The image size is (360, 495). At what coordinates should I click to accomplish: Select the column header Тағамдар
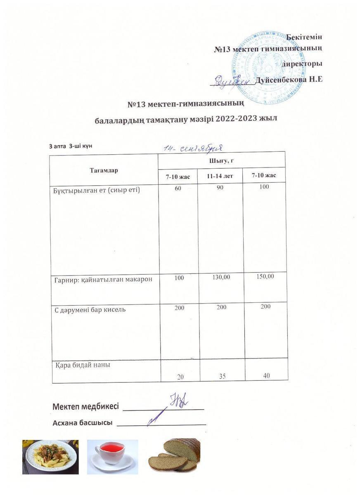[x=104, y=170]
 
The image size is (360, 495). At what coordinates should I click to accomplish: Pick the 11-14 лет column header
[x=220, y=176]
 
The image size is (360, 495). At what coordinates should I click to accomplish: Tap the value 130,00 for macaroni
[x=221, y=277]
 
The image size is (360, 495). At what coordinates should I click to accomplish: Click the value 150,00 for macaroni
[x=265, y=276]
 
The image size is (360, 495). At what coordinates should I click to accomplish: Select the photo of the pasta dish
[x=50, y=457]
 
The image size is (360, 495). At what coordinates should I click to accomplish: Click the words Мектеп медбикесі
[x=86, y=406]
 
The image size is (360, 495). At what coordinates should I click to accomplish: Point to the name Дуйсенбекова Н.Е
[x=289, y=80]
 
